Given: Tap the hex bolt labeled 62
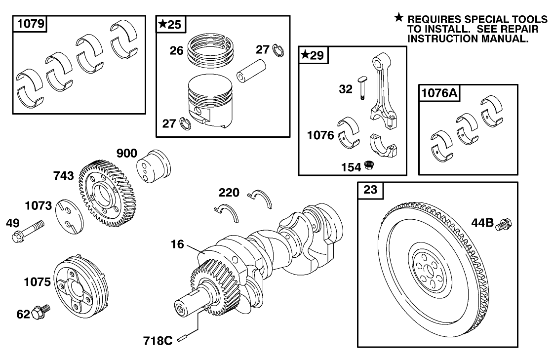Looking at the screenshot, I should click(x=40, y=312).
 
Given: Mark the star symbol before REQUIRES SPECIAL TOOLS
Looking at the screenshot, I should click(x=398, y=18).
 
